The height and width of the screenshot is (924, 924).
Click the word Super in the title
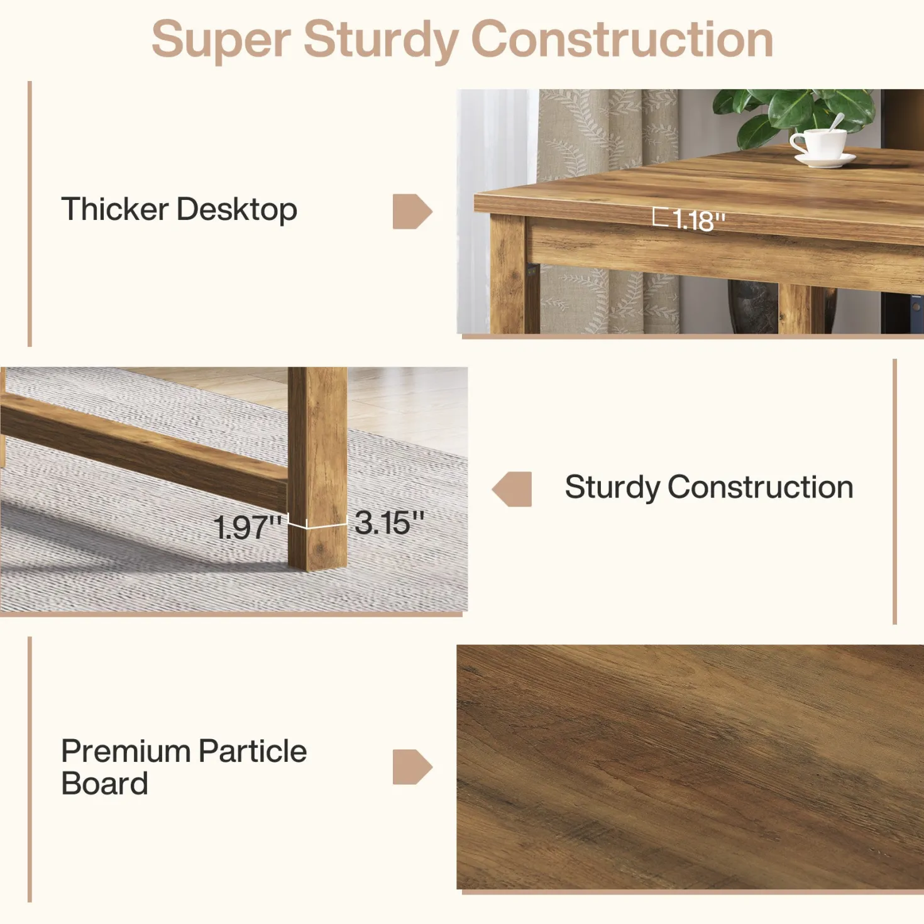pyautogui.click(x=221, y=40)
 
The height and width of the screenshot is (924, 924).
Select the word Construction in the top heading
pyautogui.click(x=622, y=40)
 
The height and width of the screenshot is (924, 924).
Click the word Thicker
pyautogui.click(x=115, y=209)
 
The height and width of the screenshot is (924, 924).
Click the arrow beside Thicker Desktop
pyautogui.click(x=412, y=211)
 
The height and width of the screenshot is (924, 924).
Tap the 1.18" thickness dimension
pyautogui.click(x=698, y=221)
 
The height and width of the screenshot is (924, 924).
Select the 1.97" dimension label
pyautogui.click(x=247, y=527)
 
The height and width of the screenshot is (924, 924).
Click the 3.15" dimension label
pyautogui.click(x=389, y=522)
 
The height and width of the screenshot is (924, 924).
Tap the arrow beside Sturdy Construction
pyautogui.click(x=512, y=489)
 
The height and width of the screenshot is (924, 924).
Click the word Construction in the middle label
pyautogui.click(x=760, y=487)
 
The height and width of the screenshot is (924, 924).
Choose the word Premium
pyautogui.click(x=126, y=751)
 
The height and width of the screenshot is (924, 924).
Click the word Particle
pyautogui.click(x=253, y=751)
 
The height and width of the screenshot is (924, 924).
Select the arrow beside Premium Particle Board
pyautogui.click(x=412, y=767)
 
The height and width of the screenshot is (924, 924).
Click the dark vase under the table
pyautogui.click(x=753, y=307)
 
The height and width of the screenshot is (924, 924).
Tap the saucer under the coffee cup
pyautogui.click(x=824, y=160)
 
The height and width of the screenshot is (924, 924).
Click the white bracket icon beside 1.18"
pyautogui.click(x=660, y=217)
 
